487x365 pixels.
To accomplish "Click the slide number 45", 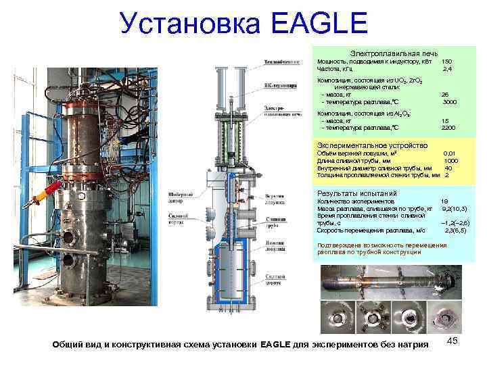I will tap(453, 343).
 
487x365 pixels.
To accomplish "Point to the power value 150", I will tap(446, 62).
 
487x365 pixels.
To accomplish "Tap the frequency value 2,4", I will tap(446, 69).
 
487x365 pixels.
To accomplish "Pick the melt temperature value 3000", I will tap(448, 102).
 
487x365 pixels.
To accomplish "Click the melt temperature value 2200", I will tap(448, 128).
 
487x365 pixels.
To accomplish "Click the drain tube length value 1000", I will tap(451, 161).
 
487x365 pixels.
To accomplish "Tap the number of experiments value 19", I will tap(444, 201).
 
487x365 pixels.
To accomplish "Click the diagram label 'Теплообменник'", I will tap(281, 63).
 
